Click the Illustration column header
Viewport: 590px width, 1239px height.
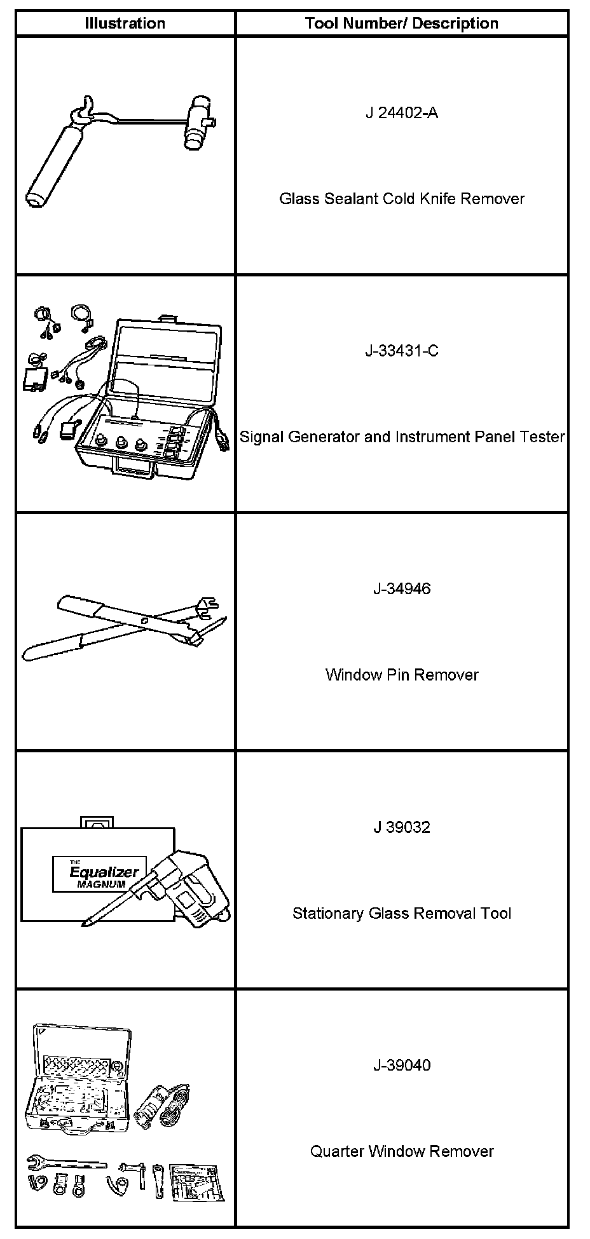pos(125,24)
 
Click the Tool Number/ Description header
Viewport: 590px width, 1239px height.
pos(401,24)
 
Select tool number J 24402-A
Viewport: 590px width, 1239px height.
pos(401,113)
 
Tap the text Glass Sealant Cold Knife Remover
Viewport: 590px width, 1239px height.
pos(402,199)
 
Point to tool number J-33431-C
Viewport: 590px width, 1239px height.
pos(401,351)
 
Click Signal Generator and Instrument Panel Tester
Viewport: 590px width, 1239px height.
pos(402,437)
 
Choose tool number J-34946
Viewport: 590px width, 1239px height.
pos(401,589)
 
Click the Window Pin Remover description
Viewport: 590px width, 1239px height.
pos(402,675)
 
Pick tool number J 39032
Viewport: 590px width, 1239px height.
pos(401,827)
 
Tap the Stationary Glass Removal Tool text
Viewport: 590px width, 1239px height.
pos(402,914)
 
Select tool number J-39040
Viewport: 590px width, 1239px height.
pos(401,1066)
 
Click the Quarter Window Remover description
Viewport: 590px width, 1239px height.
pos(402,1151)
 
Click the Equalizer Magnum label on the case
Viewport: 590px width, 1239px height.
pos(104,874)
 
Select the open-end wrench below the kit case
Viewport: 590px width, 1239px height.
pos(64,1163)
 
